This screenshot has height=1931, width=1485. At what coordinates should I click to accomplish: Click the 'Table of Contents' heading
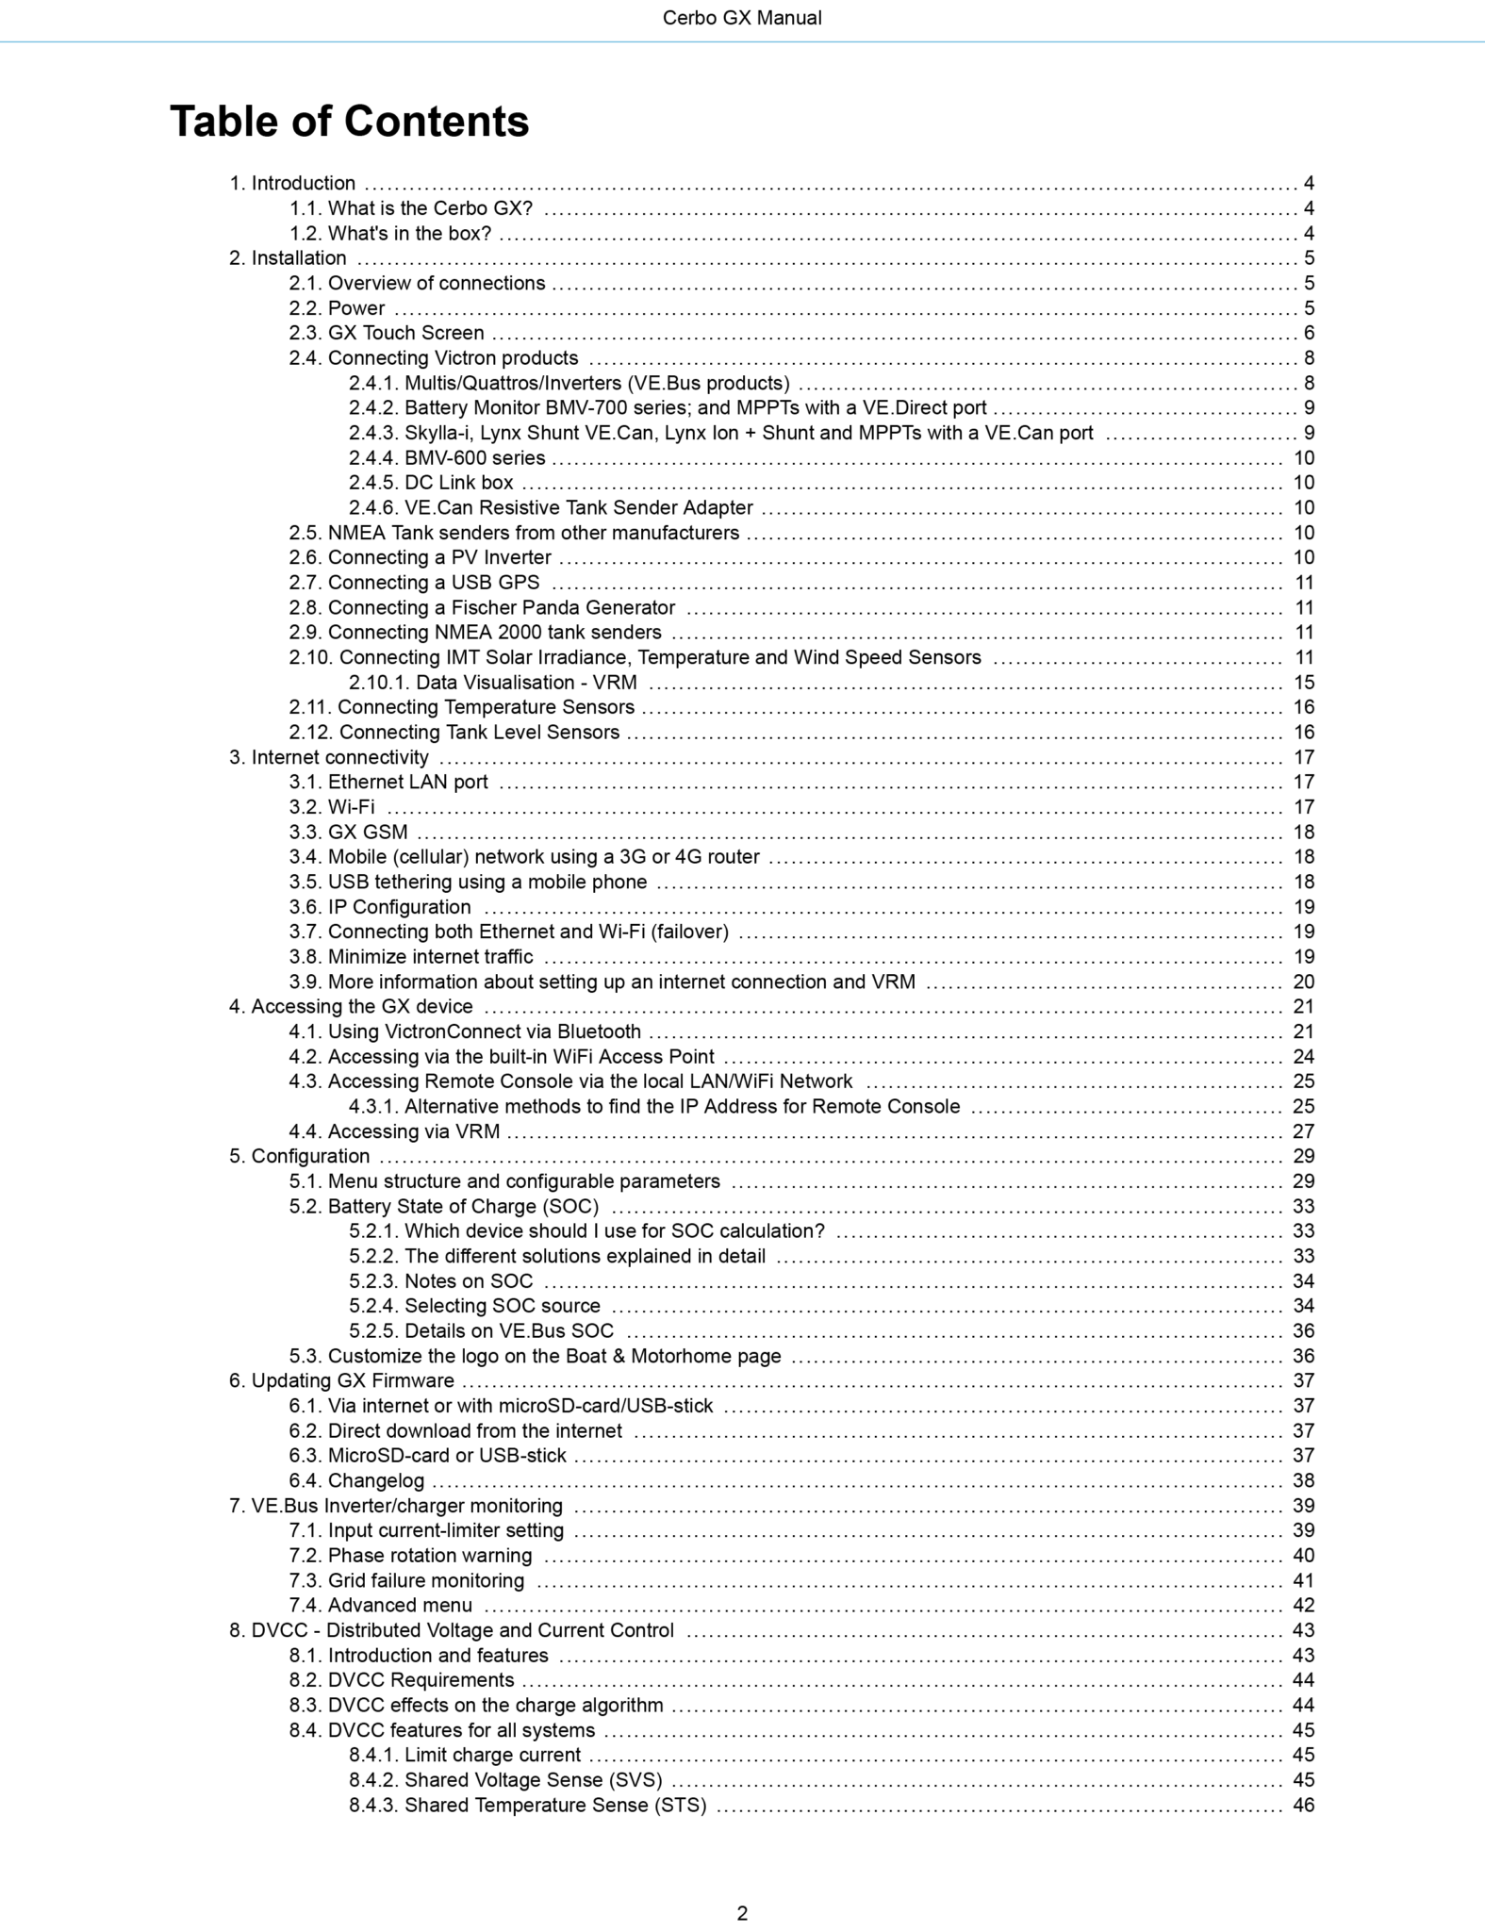point(349,122)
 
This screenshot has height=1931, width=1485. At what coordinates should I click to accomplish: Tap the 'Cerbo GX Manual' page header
point(742,18)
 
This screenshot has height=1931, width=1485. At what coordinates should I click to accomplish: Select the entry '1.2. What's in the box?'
point(390,233)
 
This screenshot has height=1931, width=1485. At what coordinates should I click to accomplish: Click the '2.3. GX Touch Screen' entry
point(387,333)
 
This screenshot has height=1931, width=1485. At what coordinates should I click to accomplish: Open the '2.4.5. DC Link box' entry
point(431,483)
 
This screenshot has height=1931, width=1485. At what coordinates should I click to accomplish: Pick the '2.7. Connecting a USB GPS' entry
point(414,583)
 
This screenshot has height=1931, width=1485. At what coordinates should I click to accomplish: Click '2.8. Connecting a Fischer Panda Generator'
point(482,607)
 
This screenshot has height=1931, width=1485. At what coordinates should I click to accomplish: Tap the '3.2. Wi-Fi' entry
point(332,807)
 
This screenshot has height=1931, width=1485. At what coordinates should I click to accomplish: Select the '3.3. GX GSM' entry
point(348,832)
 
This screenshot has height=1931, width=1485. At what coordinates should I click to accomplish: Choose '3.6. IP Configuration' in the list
point(380,907)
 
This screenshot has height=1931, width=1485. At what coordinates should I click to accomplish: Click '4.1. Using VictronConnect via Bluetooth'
point(465,1032)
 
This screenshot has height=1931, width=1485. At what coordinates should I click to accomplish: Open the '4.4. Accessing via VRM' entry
point(394,1131)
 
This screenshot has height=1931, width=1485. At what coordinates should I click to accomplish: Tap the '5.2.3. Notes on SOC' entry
point(440,1280)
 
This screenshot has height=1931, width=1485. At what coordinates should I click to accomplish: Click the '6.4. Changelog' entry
point(356,1480)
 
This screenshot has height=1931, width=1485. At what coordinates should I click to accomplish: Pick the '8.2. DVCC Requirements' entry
point(402,1680)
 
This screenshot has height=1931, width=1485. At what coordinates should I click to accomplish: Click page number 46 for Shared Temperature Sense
point(1303,1805)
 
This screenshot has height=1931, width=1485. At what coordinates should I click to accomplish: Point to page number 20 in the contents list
point(1303,982)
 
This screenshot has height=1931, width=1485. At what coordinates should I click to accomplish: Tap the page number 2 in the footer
point(742,1913)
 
